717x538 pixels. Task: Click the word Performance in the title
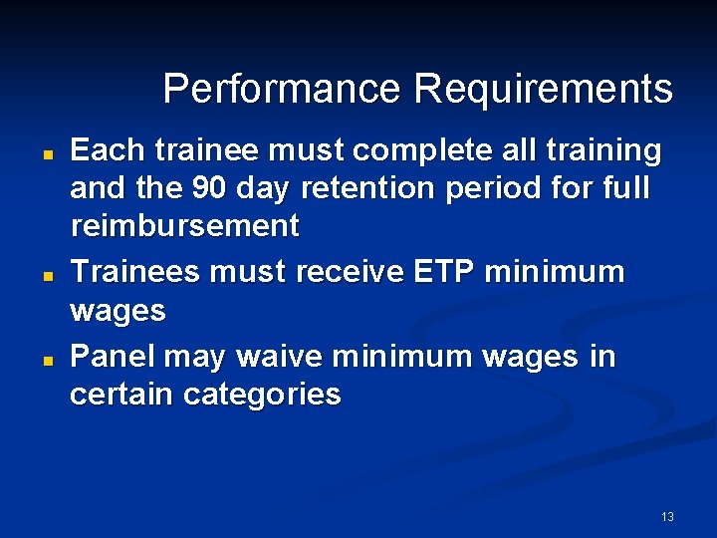[x=283, y=89]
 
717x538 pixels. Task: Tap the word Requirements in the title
[x=544, y=89]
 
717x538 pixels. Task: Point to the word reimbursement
[x=184, y=226]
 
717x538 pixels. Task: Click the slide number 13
[x=667, y=516]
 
